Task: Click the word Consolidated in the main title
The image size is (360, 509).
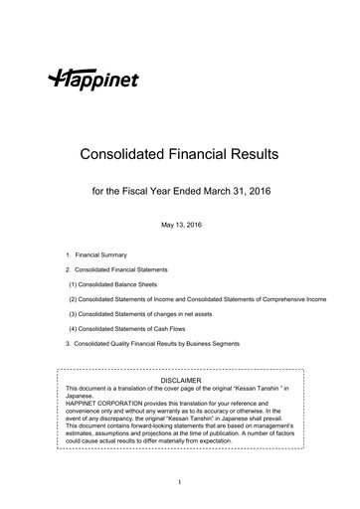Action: [123, 155]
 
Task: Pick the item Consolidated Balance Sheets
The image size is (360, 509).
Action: [125, 284]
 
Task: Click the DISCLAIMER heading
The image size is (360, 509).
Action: [181, 380]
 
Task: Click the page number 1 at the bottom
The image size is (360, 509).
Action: [180, 482]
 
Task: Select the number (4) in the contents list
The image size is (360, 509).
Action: [74, 329]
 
